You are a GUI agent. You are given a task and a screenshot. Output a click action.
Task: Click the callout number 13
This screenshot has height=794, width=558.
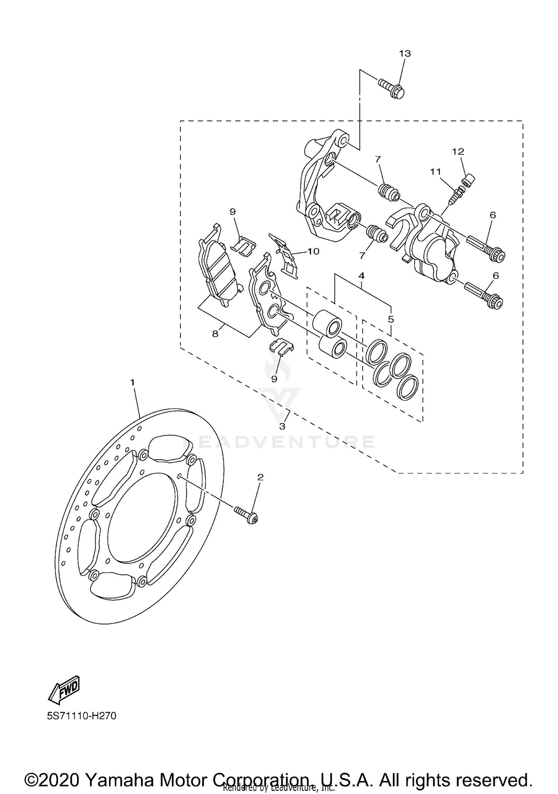pyautogui.click(x=405, y=54)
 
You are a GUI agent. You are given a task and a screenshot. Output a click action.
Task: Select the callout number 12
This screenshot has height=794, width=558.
pyautogui.click(x=458, y=152)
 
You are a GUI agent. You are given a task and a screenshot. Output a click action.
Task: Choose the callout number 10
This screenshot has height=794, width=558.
pyautogui.click(x=313, y=251)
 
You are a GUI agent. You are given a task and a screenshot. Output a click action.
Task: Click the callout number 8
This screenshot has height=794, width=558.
pyautogui.click(x=215, y=334)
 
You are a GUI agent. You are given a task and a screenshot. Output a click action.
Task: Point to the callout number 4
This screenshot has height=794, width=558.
pyautogui.click(x=361, y=276)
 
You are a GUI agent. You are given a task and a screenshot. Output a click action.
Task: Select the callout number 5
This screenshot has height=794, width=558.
pyautogui.click(x=391, y=319)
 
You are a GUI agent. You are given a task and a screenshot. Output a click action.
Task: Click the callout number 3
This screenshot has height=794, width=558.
pyautogui.click(x=282, y=427)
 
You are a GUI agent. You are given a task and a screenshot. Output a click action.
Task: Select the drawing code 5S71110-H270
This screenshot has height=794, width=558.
pyautogui.click(x=81, y=716)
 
